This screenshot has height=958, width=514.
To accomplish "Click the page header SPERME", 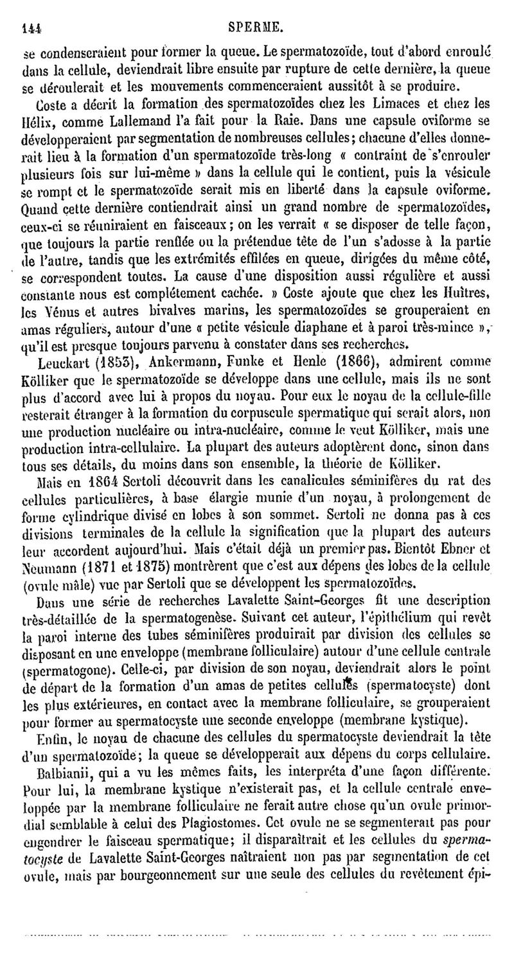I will click(x=256, y=10).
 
